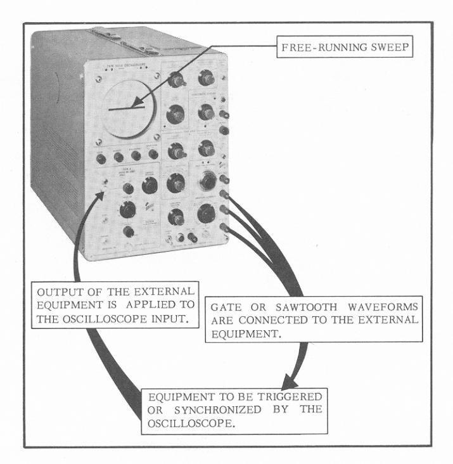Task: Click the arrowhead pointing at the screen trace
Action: click(x=137, y=104)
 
